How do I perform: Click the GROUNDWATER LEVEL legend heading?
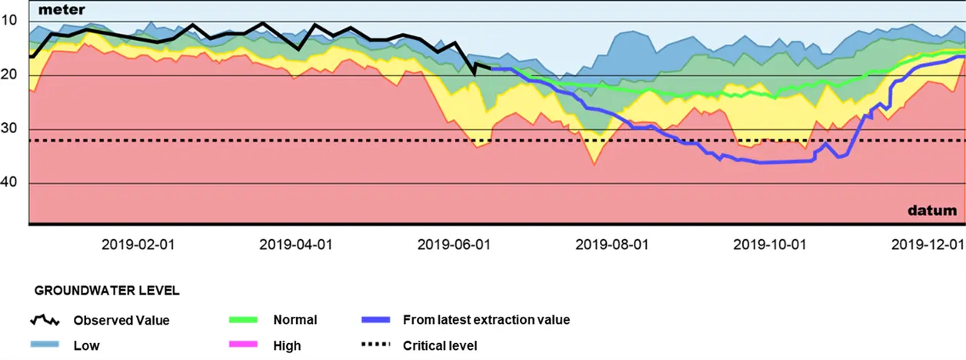[x=107, y=291]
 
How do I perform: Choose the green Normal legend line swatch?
[x=245, y=319]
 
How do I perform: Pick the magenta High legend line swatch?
[x=245, y=345]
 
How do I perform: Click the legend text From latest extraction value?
[x=486, y=319]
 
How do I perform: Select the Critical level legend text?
[x=440, y=345]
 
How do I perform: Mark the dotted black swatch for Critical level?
[x=375, y=345]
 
